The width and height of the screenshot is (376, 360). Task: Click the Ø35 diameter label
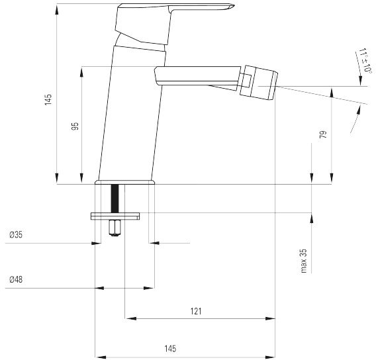pos(16,235)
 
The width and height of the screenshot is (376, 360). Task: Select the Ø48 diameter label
pos(16,279)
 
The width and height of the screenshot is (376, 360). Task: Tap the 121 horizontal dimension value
pos(196,311)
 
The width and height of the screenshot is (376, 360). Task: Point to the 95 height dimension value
pos(75,126)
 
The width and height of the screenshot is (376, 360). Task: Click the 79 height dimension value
pos(323,134)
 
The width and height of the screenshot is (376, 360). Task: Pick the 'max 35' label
pos(304,261)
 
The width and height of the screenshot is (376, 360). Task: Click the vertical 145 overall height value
pos(48,99)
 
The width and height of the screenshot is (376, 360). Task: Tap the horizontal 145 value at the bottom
pos(170,349)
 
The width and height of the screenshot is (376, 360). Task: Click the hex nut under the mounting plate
pos(115,228)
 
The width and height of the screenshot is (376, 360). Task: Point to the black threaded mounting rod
pos(115,199)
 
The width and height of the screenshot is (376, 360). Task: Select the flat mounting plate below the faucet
pos(115,216)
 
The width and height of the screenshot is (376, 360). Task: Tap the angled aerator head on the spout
pos(259,83)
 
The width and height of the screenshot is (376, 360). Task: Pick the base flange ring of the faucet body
pos(124,182)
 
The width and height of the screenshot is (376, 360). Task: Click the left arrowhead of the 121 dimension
pos(131,318)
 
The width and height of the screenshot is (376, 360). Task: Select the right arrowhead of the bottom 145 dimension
pos(269,357)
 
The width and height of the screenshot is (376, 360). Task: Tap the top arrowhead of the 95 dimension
pos(82,71)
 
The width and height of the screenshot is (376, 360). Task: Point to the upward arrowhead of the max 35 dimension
pos(312,218)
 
